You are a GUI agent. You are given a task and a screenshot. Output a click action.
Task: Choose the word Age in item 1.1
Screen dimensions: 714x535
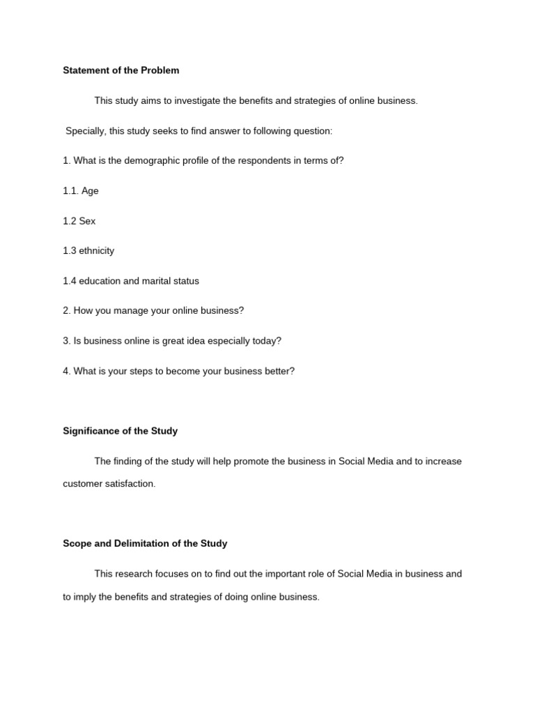tap(90, 191)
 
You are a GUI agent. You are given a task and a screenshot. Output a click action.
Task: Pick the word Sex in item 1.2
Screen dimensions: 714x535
tap(87, 221)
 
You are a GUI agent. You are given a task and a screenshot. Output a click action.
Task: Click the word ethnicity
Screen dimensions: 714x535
tap(97, 251)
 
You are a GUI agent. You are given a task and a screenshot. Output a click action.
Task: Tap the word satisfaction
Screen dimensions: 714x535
tap(130, 484)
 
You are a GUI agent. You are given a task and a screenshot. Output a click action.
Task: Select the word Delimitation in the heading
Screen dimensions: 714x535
tap(139, 543)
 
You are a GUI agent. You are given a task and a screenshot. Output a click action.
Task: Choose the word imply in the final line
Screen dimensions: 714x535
tap(86, 597)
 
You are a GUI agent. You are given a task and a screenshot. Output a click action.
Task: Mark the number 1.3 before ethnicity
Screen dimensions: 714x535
tap(70, 251)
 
